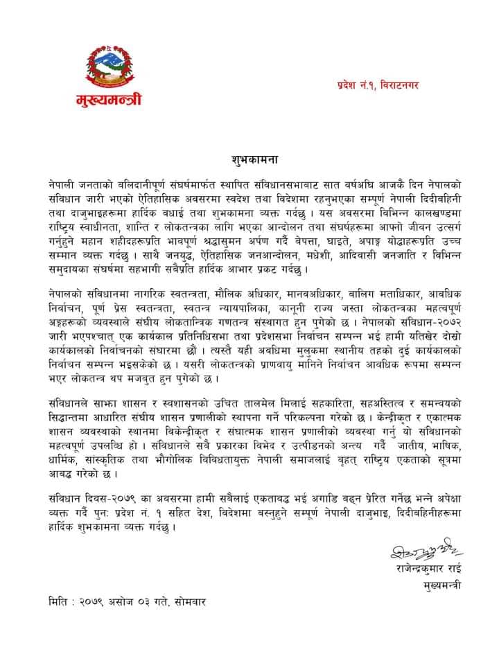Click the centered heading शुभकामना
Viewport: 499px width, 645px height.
pyautogui.click(x=254, y=158)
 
